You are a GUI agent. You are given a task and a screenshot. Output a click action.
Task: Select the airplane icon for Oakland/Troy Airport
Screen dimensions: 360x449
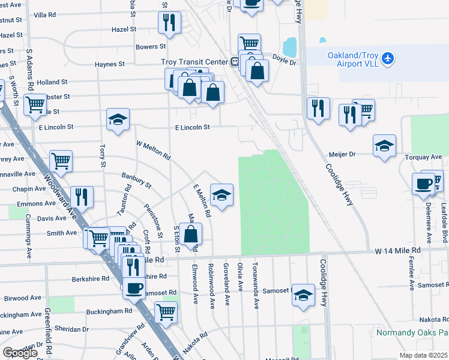[388, 58]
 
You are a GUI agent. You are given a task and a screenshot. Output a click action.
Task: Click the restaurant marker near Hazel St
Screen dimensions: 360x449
[169, 23]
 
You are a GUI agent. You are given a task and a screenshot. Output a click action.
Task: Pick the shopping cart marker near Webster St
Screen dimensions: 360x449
[35, 104]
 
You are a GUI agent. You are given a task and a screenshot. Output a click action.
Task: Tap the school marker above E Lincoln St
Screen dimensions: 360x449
[118, 119]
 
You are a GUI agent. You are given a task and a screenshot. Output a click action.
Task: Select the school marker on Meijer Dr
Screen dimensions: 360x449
[384, 146]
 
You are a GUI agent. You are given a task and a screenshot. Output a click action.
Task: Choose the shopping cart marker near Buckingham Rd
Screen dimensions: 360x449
[166, 311]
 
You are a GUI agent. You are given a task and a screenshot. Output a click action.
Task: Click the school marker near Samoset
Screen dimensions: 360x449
[304, 295]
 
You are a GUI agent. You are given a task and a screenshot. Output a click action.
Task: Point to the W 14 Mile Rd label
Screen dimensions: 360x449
[396, 250]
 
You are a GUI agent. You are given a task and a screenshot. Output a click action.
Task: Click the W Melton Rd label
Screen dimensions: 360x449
[153, 150]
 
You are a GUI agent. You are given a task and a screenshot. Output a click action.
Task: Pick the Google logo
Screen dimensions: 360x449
[20, 353]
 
